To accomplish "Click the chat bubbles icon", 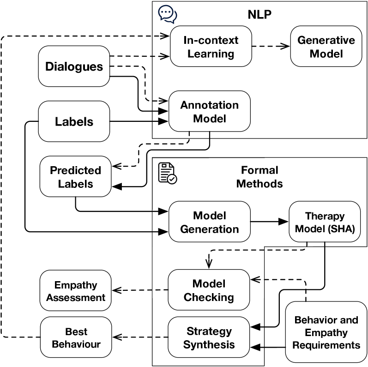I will [x=167, y=14].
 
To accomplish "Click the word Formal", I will [x=259, y=170].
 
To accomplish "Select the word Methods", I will [x=259, y=183].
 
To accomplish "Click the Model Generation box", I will [x=209, y=222].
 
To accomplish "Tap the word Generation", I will [x=210, y=229].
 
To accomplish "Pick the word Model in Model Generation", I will [x=210, y=216].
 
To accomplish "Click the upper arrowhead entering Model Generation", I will [x=163, y=212].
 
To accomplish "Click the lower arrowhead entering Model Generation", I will [x=163, y=232].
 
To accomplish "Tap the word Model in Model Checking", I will [x=209, y=283].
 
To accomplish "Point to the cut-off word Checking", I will [x=209, y=295].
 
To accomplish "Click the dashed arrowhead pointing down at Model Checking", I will [x=209, y=264].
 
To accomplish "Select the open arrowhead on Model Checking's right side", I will [x=255, y=279].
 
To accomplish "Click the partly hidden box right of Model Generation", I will [x=301, y=222].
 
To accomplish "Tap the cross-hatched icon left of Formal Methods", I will [x=167, y=174].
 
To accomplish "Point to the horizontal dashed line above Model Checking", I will [x=238, y=250].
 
